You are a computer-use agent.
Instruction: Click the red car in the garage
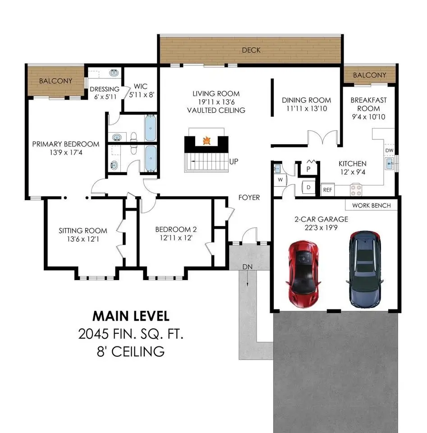[x=303, y=274]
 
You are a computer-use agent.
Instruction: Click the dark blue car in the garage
[x=365, y=269]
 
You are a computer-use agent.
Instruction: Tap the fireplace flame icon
[x=207, y=141]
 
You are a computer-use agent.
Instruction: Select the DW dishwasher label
[x=389, y=151]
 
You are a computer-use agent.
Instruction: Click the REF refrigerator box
[x=328, y=190]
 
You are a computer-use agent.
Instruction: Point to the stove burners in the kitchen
[x=356, y=190]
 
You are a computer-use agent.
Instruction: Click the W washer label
[x=280, y=180]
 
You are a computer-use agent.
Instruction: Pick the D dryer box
[x=308, y=188]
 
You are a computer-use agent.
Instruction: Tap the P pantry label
[x=308, y=169]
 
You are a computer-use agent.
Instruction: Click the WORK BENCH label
[x=372, y=206]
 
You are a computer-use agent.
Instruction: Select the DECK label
[x=251, y=50]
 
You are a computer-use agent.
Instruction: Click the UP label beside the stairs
[x=234, y=161]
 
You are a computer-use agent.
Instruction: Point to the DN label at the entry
[x=248, y=267]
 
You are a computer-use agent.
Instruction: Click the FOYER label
[x=249, y=198]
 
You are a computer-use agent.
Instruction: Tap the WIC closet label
[x=141, y=86]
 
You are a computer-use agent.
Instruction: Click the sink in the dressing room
[x=114, y=73]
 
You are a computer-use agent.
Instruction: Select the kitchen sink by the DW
[x=390, y=163]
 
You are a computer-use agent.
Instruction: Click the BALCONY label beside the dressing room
[x=55, y=81]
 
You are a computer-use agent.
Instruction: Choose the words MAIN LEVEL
[x=131, y=316]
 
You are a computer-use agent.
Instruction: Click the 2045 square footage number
[x=93, y=334]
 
